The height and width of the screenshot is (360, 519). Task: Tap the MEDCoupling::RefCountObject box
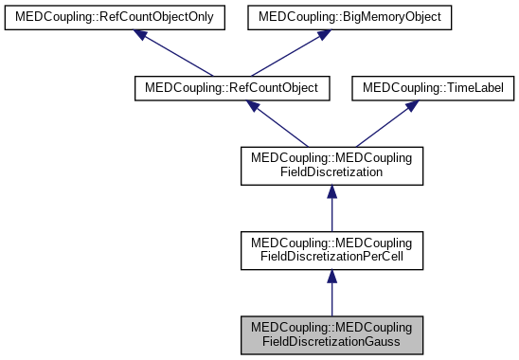pyautogui.click(x=233, y=88)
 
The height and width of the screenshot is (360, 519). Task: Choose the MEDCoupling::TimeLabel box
pyautogui.click(x=431, y=88)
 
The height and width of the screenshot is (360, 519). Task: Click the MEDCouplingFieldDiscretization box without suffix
pyautogui.click(x=331, y=166)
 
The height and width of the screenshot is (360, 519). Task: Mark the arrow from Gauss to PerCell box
pyautogui.click(x=331, y=292)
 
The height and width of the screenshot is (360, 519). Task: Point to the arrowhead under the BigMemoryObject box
pyautogui.click(x=323, y=35)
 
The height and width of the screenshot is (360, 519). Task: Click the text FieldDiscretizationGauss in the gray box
pyautogui.click(x=331, y=340)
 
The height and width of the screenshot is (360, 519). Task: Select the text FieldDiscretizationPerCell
pyautogui.click(x=331, y=257)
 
